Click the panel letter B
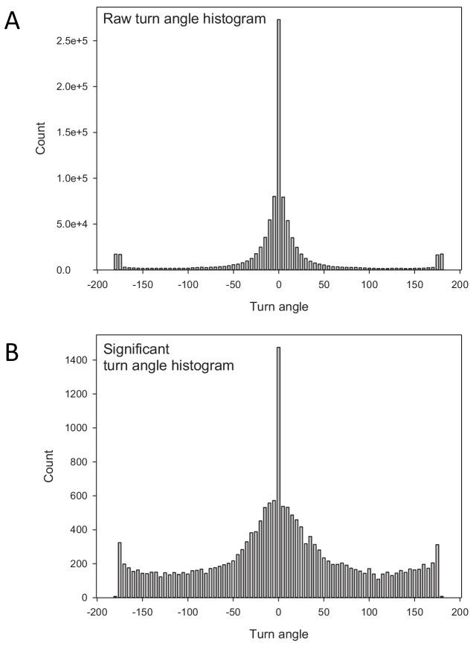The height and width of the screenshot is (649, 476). tap(13, 352)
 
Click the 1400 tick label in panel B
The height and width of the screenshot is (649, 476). tap(77, 360)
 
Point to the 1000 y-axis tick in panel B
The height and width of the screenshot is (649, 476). tap(77, 428)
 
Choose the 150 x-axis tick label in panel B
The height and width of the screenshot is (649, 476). tap(414, 613)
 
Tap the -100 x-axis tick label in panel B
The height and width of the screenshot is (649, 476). tap(187, 613)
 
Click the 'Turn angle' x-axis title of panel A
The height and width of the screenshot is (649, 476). tap(278, 306)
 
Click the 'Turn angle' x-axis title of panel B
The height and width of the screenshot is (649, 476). tap(278, 634)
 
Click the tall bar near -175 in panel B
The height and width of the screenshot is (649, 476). tap(119, 569)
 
